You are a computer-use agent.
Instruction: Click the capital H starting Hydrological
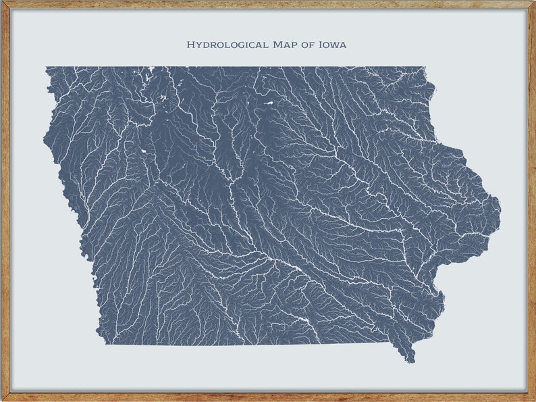click(x=190, y=45)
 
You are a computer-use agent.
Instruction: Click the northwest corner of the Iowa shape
click(x=47, y=68)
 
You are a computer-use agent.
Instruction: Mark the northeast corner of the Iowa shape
click(x=424, y=68)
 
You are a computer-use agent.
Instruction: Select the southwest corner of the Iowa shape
click(x=105, y=343)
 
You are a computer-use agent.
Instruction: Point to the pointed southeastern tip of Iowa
click(x=410, y=361)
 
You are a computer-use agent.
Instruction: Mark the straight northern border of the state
click(x=236, y=67)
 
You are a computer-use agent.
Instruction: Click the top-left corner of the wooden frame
click(x=3, y=3)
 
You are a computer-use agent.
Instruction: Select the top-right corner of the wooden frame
click(x=533, y=3)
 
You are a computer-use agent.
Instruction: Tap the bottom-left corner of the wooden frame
click(x=3, y=399)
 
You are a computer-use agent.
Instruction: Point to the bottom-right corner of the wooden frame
click(x=533, y=399)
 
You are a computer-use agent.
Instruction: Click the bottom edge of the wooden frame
click(x=268, y=397)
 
